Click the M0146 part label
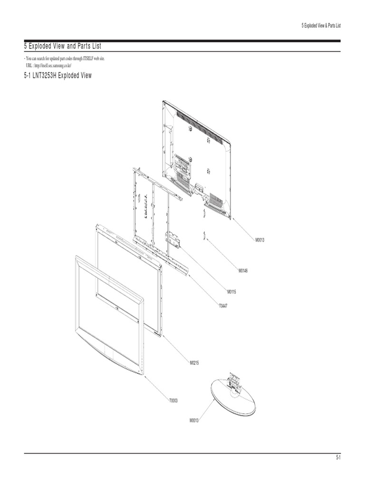pos(243,271)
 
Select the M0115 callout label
pos(231,291)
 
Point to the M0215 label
pos(194,363)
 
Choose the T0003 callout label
pos(173,400)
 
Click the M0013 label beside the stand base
pos(194,420)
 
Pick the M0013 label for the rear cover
pos(259,240)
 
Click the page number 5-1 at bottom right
pos(338,458)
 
